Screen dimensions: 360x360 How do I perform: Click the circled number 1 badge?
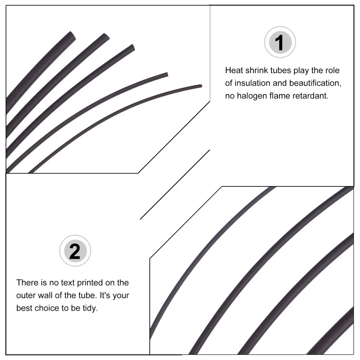(280, 42)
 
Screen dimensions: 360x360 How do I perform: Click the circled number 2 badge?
(75, 251)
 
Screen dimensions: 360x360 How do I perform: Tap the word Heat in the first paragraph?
(234, 70)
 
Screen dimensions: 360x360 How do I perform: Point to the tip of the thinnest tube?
(201, 86)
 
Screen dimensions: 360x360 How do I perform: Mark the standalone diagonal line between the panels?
(175, 185)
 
